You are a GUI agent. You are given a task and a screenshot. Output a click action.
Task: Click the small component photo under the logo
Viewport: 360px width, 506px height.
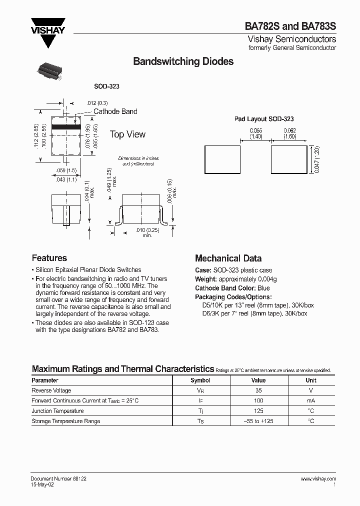pyautogui.click(x=49, y=71)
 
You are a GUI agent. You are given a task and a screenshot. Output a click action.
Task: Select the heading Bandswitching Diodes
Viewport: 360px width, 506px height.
pyautogui.click(x=183, y=61)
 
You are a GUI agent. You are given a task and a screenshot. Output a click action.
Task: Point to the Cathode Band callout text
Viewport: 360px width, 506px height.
pyautogui.click(x=115, y=111)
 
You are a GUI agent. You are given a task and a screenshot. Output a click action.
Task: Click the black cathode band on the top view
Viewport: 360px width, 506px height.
pyautogui.click(x=66, y=128)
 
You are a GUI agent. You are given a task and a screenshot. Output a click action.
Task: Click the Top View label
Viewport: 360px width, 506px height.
pyautogui.click(x=127, y=134)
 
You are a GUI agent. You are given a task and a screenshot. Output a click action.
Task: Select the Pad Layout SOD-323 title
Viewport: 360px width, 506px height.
pyautogui.click(x=264, y=119)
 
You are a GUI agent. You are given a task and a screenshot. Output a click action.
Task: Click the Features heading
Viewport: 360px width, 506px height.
pyautogui.click(x=49, y=258)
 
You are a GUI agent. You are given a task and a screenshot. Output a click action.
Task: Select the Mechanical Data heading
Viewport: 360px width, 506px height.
pyautogui.click(x=228, y=258)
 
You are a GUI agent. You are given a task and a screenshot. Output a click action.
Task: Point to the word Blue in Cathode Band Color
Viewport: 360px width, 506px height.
pyautogui.click(x=264, y=288)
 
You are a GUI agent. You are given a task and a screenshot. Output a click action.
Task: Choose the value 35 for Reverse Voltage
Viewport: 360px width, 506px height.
pyautogui.click(x=258, y=390)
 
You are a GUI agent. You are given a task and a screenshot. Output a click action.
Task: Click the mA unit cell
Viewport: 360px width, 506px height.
pyautogui.click(x=311, y=400)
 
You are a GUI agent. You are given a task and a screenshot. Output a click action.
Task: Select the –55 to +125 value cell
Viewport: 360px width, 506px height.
pyautogui.click(x=258, y=421)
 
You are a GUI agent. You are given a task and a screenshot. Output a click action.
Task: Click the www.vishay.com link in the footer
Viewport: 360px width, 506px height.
pyautogui.click(x=318, y=478)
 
